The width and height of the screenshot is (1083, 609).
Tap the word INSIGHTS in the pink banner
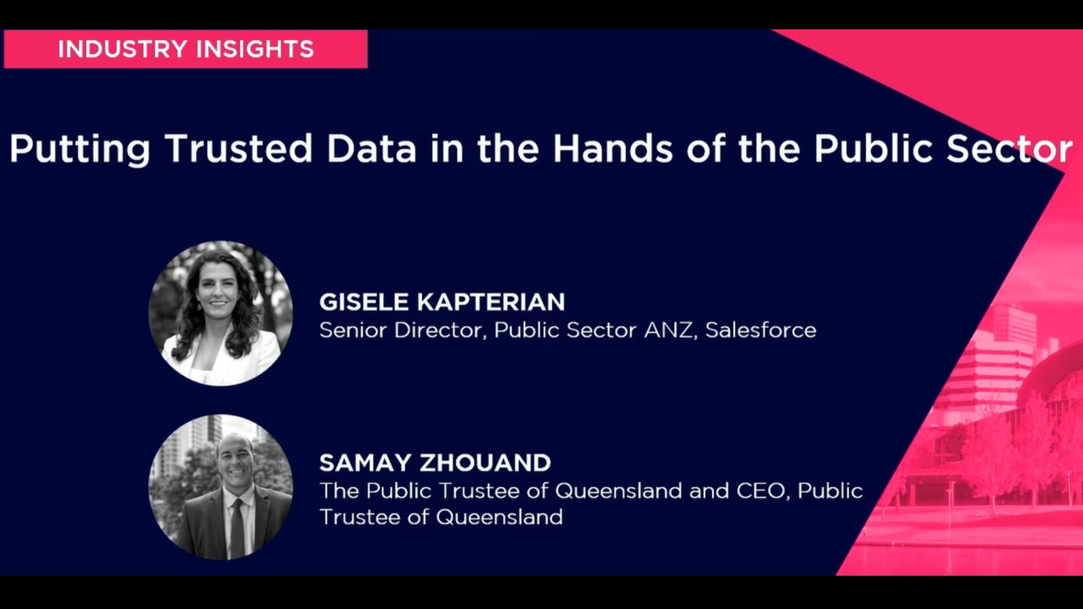tap(255, 49)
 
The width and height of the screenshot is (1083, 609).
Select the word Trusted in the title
tap(239, 148)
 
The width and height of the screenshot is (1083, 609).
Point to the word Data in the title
tap(372, 148)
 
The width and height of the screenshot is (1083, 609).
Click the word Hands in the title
tap(613, 148)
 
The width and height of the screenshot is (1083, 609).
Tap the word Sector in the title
tap(1010, 148)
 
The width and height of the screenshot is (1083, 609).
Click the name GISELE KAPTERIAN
tap(442, 302)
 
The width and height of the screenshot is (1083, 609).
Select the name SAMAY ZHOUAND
tap(435, 463)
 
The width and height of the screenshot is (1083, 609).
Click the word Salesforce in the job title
tap(760, 330)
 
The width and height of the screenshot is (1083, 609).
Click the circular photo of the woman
tap(221, 314)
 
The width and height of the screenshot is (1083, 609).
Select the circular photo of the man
tap(221, 487)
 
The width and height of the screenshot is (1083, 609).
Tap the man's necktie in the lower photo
tap(237, 527)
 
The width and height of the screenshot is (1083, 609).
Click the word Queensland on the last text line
tap(499, 517)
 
